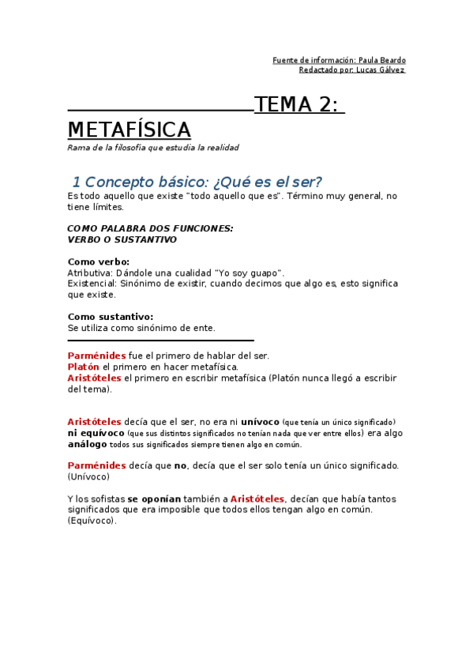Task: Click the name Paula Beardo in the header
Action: click(382, 60)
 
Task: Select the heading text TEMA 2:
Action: click(299, 105)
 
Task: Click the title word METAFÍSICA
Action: click(129, 130)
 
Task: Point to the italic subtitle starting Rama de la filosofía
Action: click(152, 148)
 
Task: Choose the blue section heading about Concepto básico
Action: click(197, 182)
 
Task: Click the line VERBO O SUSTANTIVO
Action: click(122, 239)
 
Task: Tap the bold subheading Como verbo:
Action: click(99, 262)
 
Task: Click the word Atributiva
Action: click(89, 273)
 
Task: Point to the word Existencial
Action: click(91, 284)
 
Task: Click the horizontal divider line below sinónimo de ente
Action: click(160, 340)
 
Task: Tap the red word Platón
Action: click(84, 367)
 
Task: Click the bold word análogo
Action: click(87, 444)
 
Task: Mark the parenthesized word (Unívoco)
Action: click(88, 476)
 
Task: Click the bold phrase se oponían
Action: click(154, 499)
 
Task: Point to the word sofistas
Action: click(107, 499)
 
